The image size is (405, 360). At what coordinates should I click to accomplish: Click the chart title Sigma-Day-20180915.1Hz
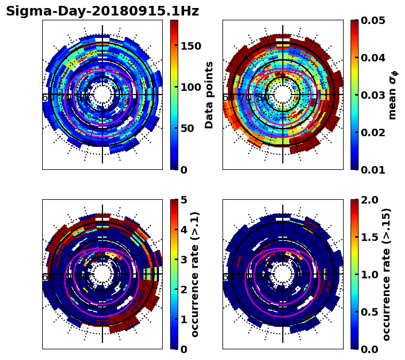102,11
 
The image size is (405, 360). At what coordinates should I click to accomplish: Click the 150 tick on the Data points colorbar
190,46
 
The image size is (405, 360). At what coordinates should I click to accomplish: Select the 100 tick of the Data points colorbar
190,87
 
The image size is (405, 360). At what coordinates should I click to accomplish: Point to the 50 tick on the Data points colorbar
188,129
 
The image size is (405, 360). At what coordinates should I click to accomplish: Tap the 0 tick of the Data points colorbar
184,170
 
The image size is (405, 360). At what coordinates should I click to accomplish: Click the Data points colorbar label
209,95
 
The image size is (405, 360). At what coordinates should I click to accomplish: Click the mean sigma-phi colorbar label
392,95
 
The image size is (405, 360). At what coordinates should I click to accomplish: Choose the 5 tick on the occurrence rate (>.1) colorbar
184,200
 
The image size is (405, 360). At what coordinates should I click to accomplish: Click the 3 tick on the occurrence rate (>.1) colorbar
184,260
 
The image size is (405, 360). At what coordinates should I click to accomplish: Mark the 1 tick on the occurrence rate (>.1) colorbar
184,319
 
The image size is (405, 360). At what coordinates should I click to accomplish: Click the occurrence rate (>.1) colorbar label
195,274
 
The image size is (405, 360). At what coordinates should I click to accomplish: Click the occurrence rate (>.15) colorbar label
387,274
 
